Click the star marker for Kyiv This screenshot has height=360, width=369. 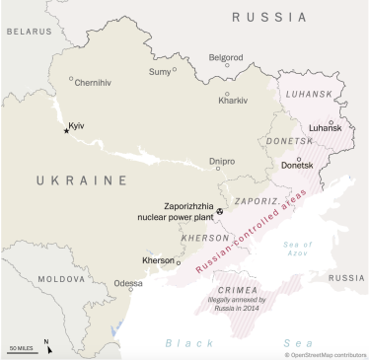[66, 130]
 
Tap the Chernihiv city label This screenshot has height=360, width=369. [95, 83]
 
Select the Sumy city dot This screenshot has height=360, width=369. [175, 70]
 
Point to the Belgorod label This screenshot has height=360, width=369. [225, 57]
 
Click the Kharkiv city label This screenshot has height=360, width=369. [233, 101]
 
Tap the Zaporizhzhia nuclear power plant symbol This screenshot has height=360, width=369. [219, 210]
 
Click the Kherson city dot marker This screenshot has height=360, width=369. [179, 262]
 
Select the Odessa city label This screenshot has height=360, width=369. [128, 283]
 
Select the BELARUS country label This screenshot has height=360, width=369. [28, 32]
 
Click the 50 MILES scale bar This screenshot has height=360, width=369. [22, 348]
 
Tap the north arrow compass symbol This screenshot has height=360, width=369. [46, 345]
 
